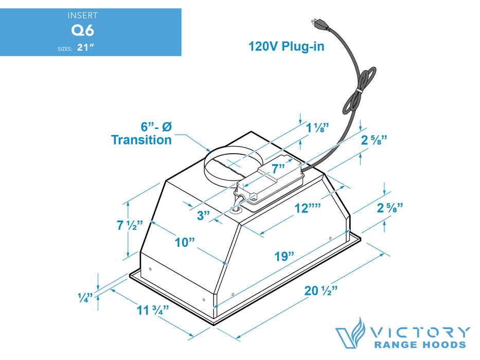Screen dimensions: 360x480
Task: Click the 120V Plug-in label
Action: coord(286,47)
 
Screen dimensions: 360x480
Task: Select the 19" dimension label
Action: coord(285,256)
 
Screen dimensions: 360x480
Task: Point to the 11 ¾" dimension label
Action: coord(153,311)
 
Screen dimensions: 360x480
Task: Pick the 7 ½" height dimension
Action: coord(129,225)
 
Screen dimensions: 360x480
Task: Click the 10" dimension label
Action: coord(185,242)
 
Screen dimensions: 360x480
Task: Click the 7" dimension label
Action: coord(278,169)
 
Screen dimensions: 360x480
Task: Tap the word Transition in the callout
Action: coord(141,139)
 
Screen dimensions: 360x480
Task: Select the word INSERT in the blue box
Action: coord(82,16)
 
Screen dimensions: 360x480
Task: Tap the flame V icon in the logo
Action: coord(350,333)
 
